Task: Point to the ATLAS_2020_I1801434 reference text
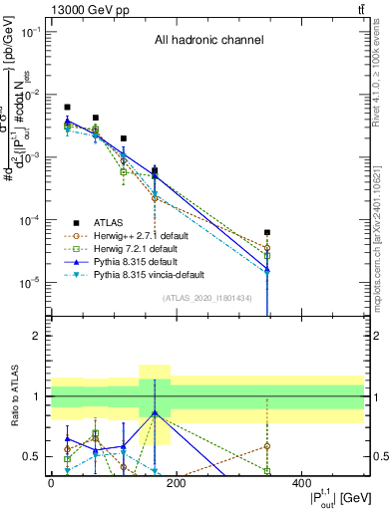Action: (x=207, y=298)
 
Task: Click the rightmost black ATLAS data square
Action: (x=267, y=232)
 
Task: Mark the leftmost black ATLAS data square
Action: (x=67, y=107)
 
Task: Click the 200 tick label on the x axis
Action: (x=176, y=482)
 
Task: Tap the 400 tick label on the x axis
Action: (x=300, y=482)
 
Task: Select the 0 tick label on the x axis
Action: (x=51, y=482)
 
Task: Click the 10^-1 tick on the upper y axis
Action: (x=33, y=32)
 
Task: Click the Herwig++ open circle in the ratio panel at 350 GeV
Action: (x=267, y=446)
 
